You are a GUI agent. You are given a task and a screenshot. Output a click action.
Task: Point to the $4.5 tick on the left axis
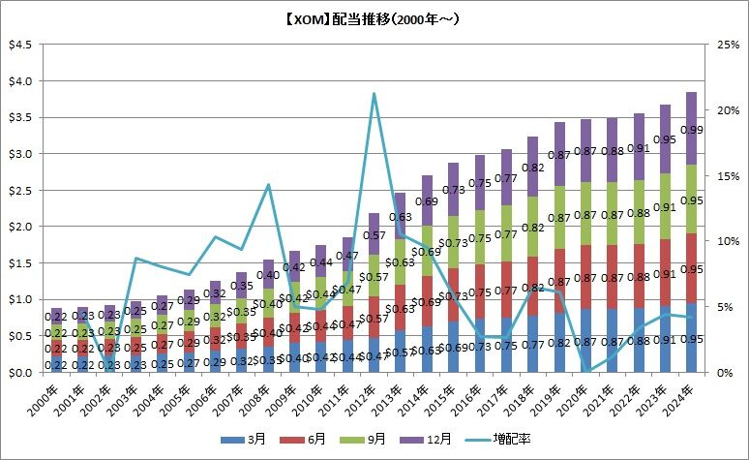click(18, 45)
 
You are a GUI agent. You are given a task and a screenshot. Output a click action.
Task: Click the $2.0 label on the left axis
click(18, 227)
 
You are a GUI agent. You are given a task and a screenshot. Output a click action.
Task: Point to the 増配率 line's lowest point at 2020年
click(585, 371)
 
